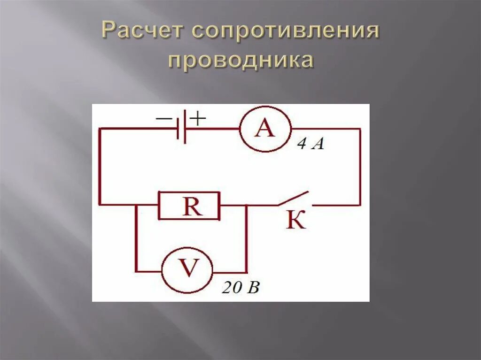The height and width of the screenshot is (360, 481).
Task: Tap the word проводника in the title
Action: click(240, 61)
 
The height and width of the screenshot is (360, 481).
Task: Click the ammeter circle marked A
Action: click(264, 129)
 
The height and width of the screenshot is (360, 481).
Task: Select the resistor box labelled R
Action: click(189, 206)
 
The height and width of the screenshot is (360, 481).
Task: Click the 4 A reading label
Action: click(310, 145)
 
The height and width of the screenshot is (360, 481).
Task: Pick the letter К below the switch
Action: click(295, 220)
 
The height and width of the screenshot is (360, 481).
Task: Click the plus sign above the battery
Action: click(198, 118)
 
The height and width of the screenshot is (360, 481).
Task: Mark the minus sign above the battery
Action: click(163, 119)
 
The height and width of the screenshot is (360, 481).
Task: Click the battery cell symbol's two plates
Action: click(182, 128)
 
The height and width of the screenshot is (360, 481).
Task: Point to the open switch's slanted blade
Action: click(293, 198)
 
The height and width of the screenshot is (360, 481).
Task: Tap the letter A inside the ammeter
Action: click(264, 128)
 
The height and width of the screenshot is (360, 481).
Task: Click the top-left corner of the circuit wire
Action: click(100, 128)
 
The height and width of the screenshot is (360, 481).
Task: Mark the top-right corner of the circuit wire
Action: click(360, 129)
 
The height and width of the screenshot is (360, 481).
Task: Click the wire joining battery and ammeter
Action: click(213, 128)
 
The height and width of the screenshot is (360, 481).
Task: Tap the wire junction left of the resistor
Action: click(136, 205)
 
